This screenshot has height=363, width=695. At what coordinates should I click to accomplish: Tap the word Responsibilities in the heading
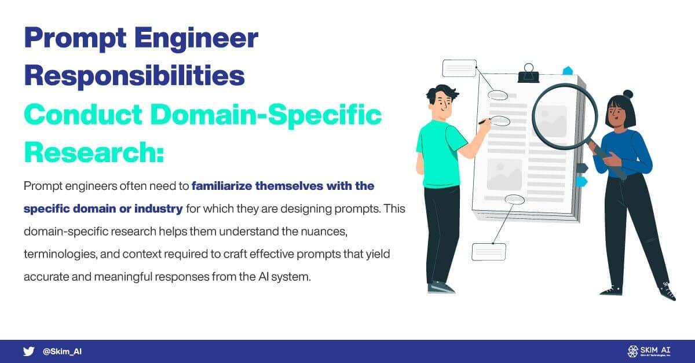pos(134,75)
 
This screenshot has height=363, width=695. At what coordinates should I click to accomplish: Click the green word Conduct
pos(83,115)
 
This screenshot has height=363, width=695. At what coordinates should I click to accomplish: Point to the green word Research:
pos(94,152)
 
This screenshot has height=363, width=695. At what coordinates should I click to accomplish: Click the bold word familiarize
pos(221,186)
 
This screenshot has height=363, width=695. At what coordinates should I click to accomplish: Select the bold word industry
pos(158,209)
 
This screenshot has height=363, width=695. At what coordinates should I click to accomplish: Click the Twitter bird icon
pos(28,351)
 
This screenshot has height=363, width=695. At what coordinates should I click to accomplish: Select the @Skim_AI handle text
pos(62,351)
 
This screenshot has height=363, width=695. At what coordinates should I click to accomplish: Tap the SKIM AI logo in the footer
pos(649,351)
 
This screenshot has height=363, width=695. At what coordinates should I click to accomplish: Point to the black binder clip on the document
pos(528,74)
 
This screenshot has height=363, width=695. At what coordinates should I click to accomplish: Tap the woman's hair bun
pos(628,94)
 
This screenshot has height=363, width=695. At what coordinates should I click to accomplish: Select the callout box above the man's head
pos(459,68)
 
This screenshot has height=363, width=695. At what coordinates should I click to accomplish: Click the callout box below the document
pos(489,252)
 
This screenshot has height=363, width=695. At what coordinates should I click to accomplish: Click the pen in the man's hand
pos(484,122)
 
